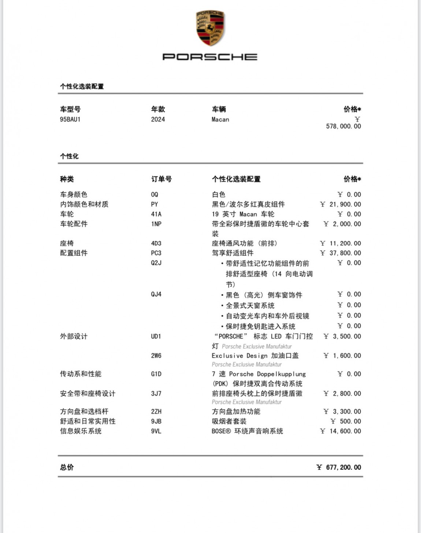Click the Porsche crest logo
(210, 28)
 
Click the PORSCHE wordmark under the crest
(210, 57)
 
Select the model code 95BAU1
(70, 120)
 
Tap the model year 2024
(158, 120)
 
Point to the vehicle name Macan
(220, 120)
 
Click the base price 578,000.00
(343, 126)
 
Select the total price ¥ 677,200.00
(339, 467)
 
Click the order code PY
(154, 204)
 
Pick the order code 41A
(156, 214)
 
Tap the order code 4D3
(156, 243)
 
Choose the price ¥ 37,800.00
(340, 253)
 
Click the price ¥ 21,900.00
(340, 204)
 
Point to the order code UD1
(156, 336)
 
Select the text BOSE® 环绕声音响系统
(247, 431)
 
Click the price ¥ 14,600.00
(340, 431)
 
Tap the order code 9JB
(156, 421)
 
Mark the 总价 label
(67, 467)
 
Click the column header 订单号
(161, 179)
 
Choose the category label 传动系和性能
(81, 374)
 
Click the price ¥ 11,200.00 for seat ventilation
(340, 243)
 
